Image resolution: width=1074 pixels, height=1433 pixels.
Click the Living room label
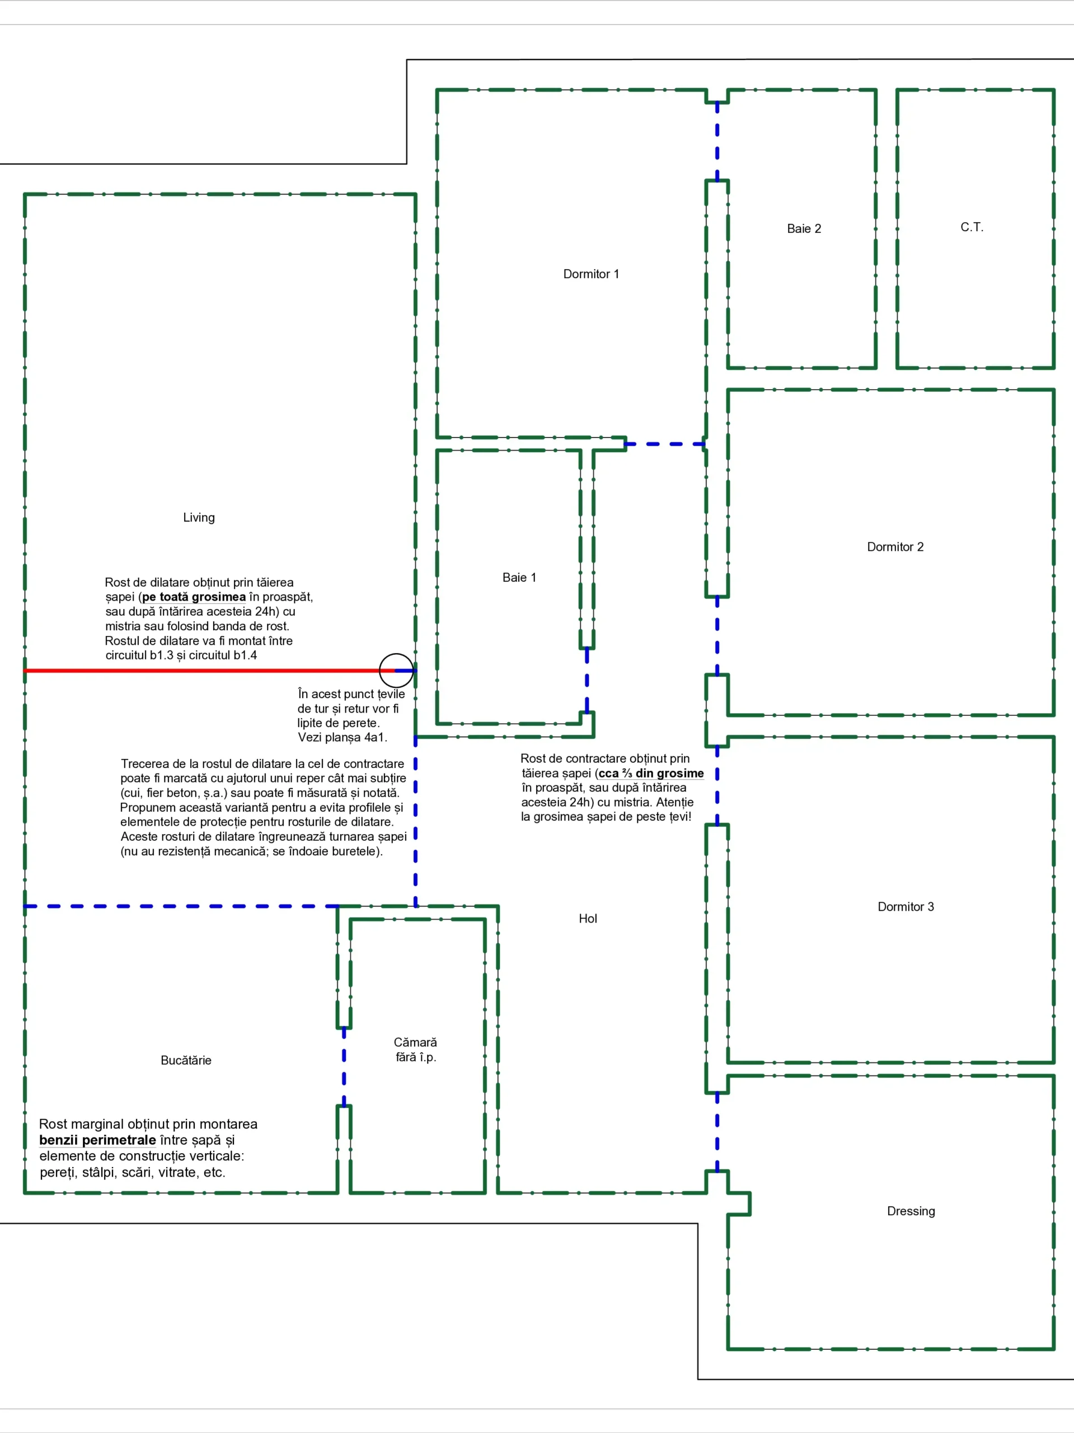pyautogui.click(x=198, y=518)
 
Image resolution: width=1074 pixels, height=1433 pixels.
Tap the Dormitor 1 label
pyautogui.click(x=591, y=274)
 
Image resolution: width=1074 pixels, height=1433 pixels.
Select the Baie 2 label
pyautogui.click(x=803, y=229)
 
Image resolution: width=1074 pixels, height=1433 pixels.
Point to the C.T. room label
pyautogui.click(x=971, y=227)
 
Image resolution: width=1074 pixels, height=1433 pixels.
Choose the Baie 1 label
pyautogui.click(x=519, y=578)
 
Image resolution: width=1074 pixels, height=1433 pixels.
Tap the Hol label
pyautogui.click(x=588, y=919)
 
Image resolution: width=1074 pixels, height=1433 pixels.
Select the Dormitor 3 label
pyautogui.click(x=905, y=907)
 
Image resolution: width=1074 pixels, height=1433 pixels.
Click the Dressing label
pyautogui.click(x=910, y=1211)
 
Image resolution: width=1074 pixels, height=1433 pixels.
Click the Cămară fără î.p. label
pyautogui.click(x=415, y=1050)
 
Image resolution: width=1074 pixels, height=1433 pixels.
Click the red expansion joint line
pyautogui.click(x=194, y=671)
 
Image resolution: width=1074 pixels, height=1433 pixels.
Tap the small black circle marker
pyautogui.click(x=396, y=671)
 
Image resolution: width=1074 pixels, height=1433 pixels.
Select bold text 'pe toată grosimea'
pyautogui.click(x=194, y=597)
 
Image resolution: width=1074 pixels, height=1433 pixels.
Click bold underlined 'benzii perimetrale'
pyautogui.click(x=97, y=1140)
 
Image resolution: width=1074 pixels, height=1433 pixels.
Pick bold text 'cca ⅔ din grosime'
pyautogui.click(x=650, y=774)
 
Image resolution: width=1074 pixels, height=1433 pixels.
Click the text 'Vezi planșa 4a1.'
pyautogui.click(x=342, y=737)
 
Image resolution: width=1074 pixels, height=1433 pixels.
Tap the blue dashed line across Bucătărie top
pyautogui.click(x=175, y=906)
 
